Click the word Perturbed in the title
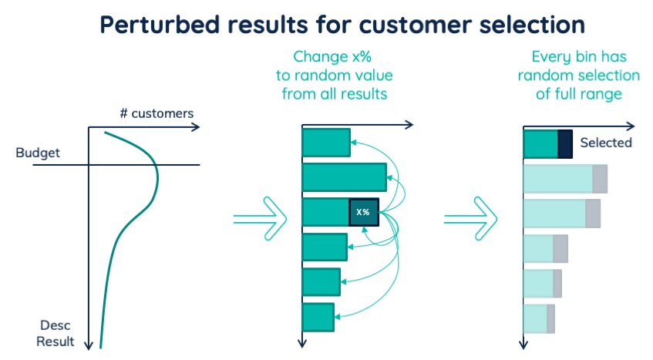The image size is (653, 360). click(160, 25)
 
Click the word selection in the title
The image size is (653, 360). click(532, 25)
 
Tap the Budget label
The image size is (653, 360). click(38, 153)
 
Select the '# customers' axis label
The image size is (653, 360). click(157, 113)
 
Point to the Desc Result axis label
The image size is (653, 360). click(56, 333)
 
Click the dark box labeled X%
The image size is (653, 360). click(364, 212)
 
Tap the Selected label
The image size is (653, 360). click(606, 143)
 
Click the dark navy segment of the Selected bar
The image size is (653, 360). click(564, 144)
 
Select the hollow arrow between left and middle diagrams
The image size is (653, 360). click(261, 218)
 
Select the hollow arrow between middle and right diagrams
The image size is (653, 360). click(470, 218)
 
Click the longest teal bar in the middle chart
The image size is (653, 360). click(345, 177)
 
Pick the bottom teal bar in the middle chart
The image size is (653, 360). click(318, 317)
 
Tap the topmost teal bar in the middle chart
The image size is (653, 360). click(327, 143)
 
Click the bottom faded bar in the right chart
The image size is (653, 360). click(540, 319)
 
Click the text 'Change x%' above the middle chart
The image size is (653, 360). click(332, 56)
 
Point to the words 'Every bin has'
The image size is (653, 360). click(579, 56)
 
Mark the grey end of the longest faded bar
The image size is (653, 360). click(600, 179)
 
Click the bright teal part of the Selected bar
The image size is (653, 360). click(540, 144)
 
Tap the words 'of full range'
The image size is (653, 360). click(579, 94)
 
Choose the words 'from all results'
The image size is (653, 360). click(335, 94)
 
